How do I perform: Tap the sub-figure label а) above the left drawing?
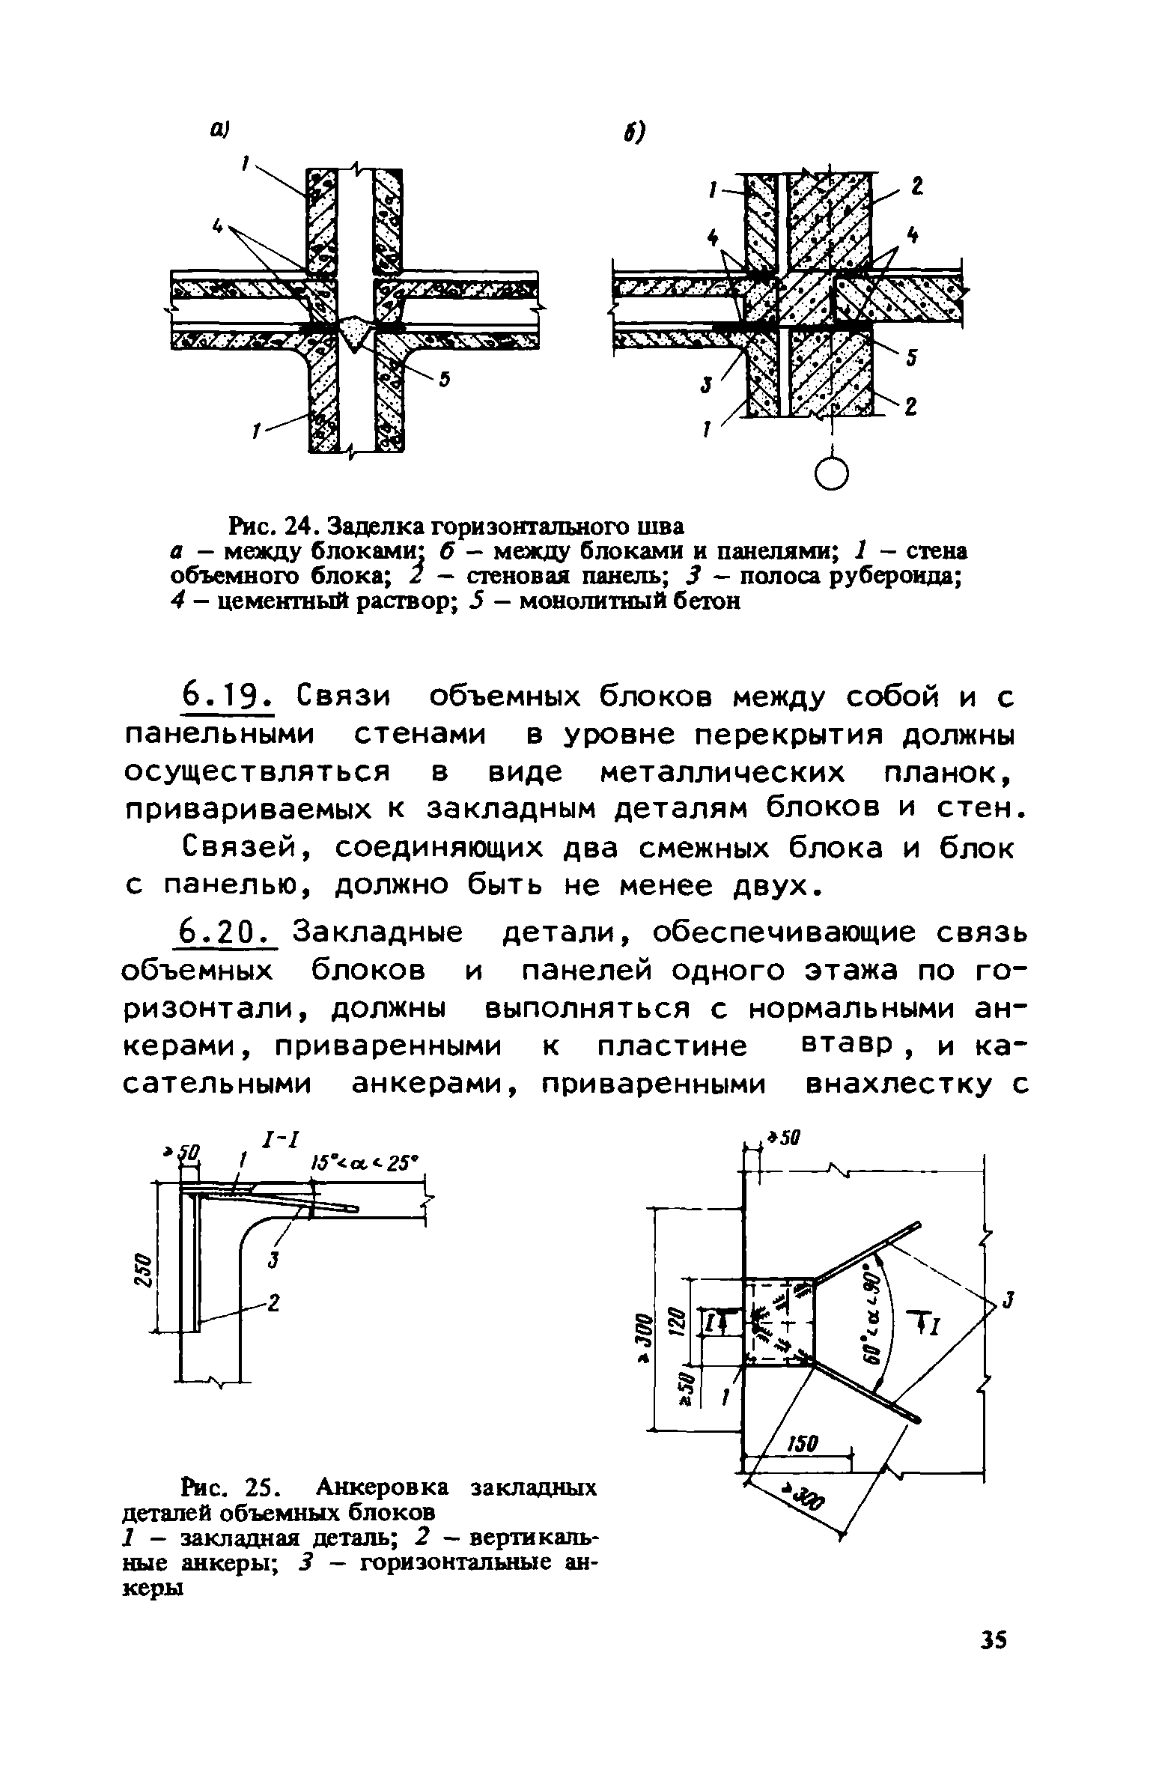(x=218, y=131)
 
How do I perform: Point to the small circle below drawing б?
(x=832, y=473)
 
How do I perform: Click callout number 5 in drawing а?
(x=444, y=381)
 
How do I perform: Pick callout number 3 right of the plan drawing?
(x=1008, y=1301)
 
